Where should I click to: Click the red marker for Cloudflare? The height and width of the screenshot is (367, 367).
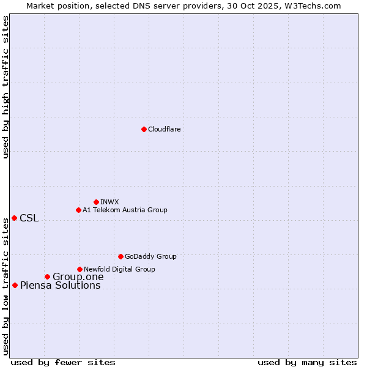pos(144,129)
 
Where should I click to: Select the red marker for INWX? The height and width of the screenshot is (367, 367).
pos(96,202)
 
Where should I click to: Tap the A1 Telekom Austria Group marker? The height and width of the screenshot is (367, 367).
pos(78,210)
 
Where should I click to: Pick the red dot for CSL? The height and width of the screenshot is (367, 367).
pos(14,218)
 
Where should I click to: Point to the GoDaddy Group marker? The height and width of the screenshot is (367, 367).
pos(120,256)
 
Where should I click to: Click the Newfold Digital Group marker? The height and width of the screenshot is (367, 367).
pos(80,269)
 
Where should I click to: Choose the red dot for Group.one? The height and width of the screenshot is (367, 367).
pos(47,276)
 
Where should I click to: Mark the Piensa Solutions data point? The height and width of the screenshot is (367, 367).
pos(15,285)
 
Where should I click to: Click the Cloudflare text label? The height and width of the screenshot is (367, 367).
pos(165,129)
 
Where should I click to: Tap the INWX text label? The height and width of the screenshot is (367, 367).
pos(109,202)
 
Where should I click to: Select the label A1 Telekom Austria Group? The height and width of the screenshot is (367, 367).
pos(125,210)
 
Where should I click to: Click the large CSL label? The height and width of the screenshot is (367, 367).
pos(29,218)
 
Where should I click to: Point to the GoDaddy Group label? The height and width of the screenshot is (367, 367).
pos(150,256)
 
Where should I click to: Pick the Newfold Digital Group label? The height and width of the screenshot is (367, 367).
pos(119,269)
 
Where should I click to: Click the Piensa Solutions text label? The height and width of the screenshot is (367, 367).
pos(60,286)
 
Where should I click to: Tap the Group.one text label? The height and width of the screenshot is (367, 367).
pos(78,277)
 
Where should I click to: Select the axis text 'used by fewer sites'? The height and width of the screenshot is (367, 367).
pos(63,362)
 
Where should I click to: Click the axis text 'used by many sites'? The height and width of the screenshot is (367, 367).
pos(307,362)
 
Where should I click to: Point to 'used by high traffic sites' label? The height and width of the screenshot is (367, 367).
pos(6,87)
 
